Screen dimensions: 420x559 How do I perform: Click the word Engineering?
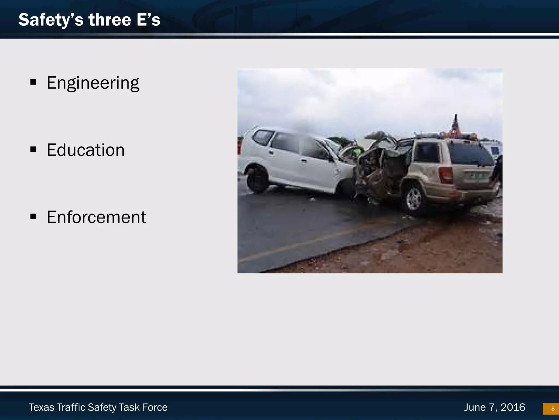point(93,83)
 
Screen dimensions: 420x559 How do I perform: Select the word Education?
point(85,150)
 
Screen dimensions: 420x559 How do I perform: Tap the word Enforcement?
point(96,217)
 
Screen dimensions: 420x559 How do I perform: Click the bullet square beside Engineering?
point(33,82)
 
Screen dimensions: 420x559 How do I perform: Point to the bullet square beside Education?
point(33,149)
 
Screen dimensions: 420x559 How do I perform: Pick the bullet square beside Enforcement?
point(33,217)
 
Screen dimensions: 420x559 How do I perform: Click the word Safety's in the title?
point(51,20)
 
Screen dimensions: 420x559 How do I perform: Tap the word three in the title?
point(110,20)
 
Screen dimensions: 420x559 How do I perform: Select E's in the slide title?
point(148,20)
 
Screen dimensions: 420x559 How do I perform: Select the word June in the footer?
point(475,407)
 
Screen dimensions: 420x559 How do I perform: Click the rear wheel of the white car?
point(257,179)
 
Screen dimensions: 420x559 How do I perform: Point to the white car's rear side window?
point(263,137)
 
